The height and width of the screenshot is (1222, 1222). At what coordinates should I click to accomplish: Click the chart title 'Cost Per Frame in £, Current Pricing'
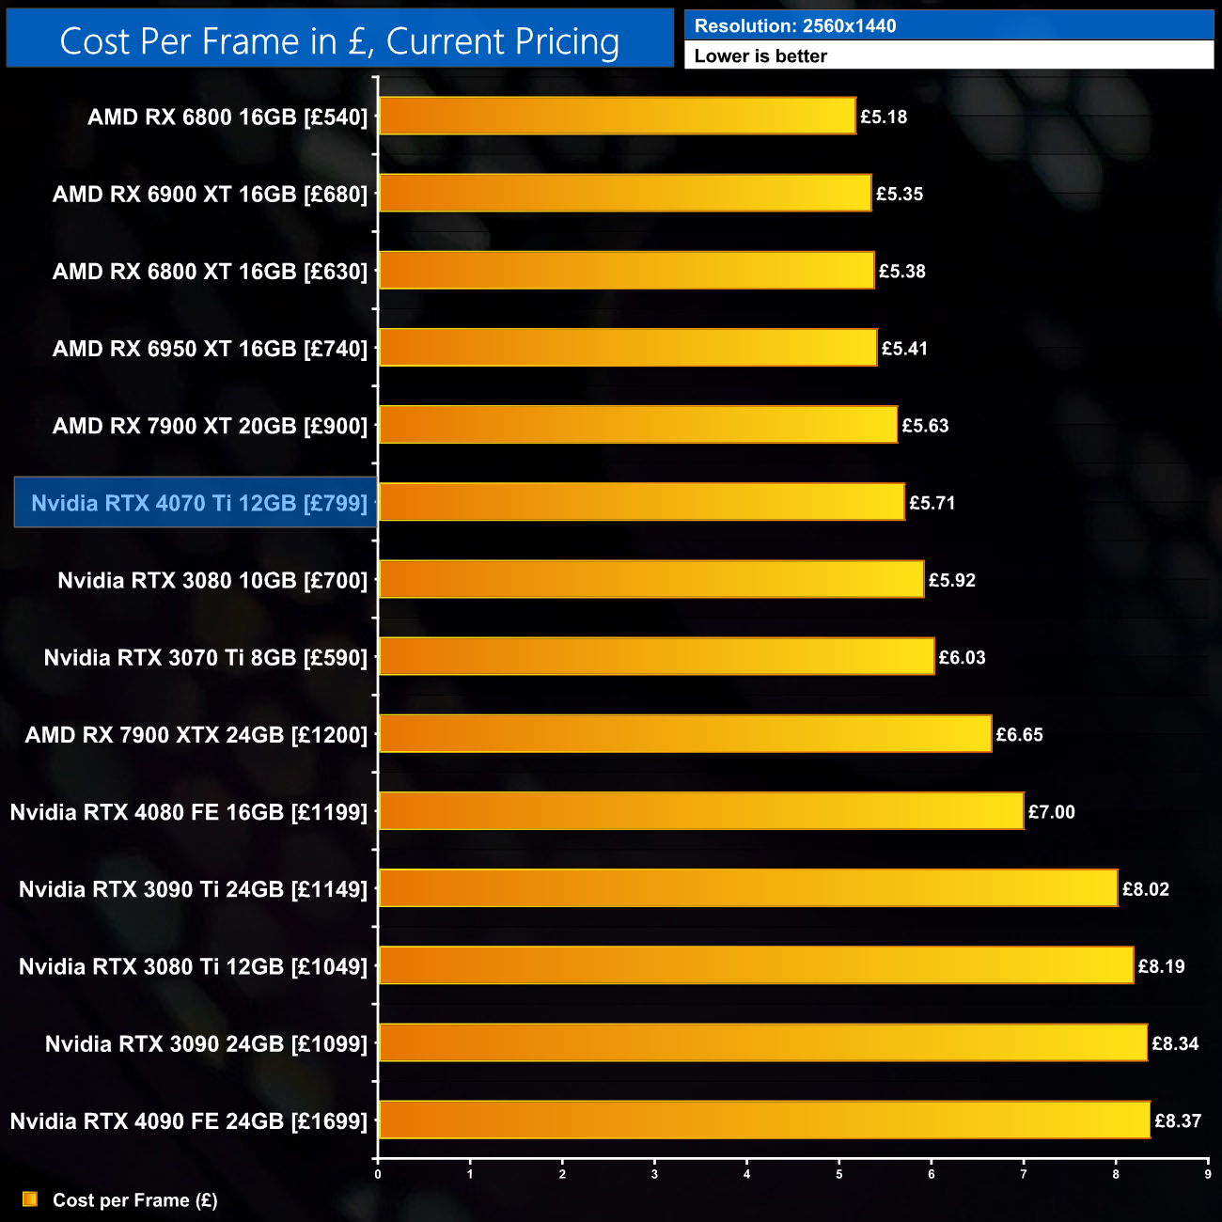[x=339, y=41]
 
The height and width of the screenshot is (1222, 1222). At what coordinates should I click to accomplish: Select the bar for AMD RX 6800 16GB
[x=617, y=117]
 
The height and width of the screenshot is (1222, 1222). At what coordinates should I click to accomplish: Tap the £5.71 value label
[x=932, y=503]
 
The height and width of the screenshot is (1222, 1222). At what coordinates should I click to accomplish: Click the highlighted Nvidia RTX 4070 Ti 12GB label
[x=198, y=503]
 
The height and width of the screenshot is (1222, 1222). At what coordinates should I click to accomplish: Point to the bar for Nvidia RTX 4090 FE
[x=763, y=1120]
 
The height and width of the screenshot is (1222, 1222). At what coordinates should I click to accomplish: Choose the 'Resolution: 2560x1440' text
[x=795, y=26]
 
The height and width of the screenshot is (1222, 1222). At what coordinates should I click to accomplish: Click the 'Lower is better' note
[x=760, y=56]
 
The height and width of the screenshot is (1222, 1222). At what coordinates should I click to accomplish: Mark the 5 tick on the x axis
[x=839, y=1174]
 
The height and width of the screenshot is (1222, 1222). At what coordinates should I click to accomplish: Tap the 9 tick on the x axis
[x=1208, y=1174]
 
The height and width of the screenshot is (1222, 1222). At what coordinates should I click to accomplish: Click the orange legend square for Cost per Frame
[x=30, y=1199]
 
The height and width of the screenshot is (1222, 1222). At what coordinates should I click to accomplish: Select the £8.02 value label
[x=1145, y=889]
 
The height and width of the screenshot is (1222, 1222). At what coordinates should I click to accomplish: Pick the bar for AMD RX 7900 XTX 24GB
[x=684, y=734]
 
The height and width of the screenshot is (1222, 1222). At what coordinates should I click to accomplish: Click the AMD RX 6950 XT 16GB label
[x=210, y=349]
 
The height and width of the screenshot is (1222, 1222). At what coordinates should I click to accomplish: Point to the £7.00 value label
[x=1051, y=812]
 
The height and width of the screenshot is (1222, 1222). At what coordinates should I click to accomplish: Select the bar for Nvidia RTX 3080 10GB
[x=650, y=580]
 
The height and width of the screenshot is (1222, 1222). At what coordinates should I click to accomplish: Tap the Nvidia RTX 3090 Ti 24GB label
[x=193, y=889]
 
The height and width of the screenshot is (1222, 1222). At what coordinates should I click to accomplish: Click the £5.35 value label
[x=899, y=195]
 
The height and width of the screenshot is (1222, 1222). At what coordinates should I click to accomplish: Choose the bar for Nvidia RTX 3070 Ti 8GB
[x=656, y=657]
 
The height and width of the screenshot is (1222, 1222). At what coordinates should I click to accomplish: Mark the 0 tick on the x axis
[x=378, y=1174]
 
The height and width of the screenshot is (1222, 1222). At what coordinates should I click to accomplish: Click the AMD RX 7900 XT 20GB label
[x=210, y=426]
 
